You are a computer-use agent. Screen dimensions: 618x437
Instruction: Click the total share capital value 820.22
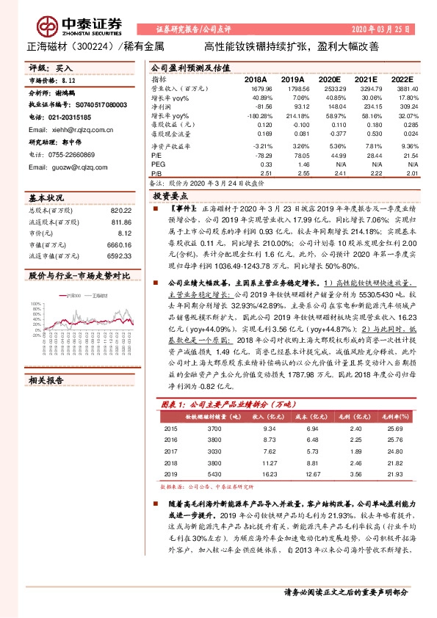point(121,210)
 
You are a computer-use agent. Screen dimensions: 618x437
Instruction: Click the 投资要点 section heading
point(167,197)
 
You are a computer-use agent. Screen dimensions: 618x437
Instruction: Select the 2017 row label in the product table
point(170,451)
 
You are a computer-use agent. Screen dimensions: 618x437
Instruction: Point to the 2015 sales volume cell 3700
point(214,427)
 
